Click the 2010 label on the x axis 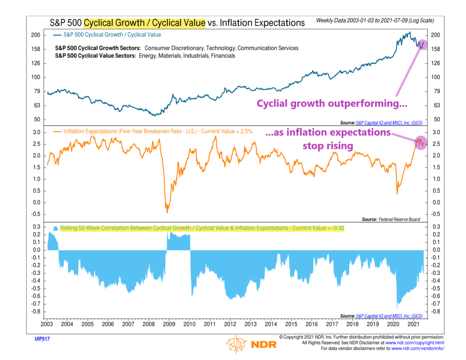tap(189, 324)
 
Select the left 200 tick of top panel tap(36, 35)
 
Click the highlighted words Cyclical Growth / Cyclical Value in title tap(144, 22)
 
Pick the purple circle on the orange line tap(421, 142)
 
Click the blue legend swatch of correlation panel tap(56, 228)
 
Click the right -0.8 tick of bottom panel tap(434, 311)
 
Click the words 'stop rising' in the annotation tap(328, 146)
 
